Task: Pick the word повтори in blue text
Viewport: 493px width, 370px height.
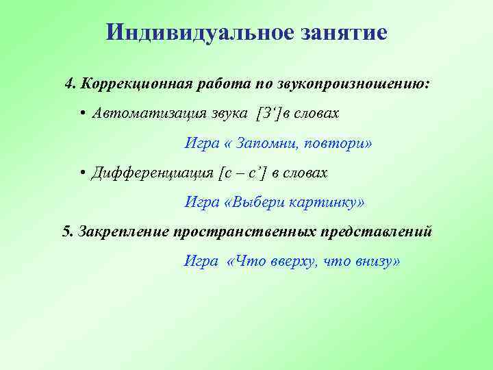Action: [x=341, y=144]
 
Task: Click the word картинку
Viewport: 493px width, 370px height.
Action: [x=327, y=203]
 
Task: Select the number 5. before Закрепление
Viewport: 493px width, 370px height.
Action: [x=67, y=232]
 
